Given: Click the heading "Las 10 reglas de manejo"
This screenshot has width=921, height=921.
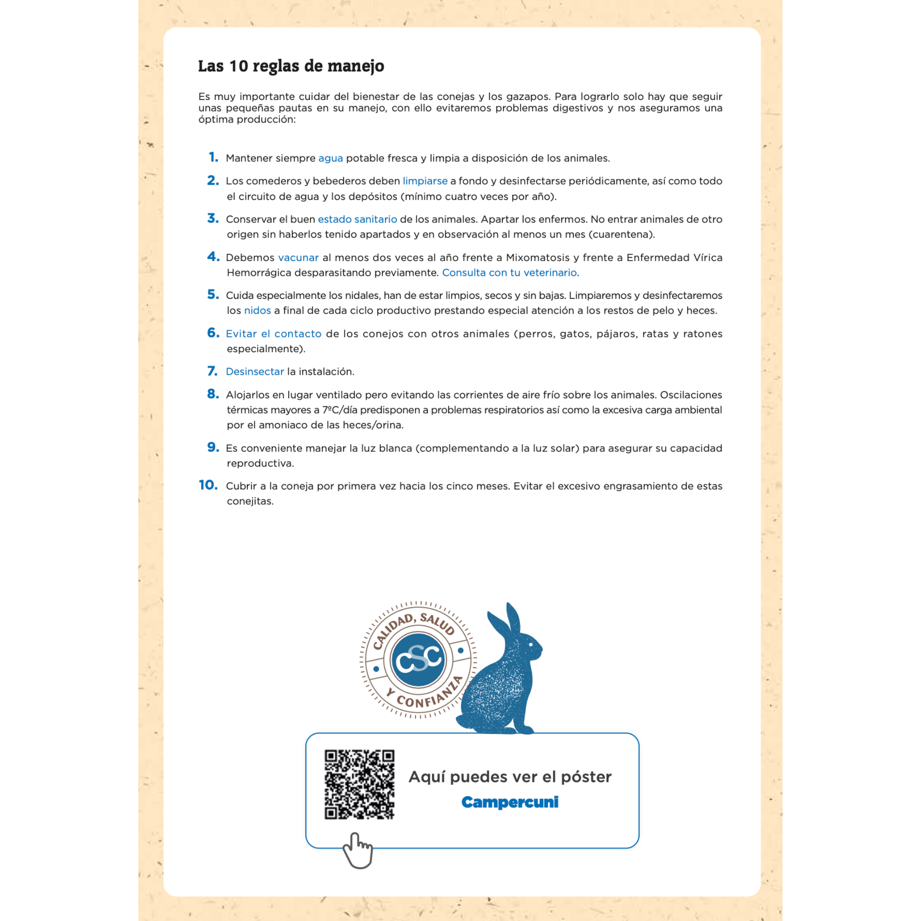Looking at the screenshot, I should tap(291, 66).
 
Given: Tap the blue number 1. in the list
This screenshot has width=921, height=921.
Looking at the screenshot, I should tap(213, 157).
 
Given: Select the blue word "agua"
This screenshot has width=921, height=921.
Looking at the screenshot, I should tap(330, 158).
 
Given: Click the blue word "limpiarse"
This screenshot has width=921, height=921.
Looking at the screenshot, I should tap(425, 181).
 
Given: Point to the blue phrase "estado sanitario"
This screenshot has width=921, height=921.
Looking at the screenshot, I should tap(357, 219).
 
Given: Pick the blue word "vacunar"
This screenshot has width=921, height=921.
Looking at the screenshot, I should tap(298, 258).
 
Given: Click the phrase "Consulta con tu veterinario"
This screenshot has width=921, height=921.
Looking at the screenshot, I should tap(509, 273).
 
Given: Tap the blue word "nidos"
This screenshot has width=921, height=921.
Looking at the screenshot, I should tap(257, 311).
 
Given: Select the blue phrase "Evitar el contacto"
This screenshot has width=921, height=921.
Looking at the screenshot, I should tap(274, 334).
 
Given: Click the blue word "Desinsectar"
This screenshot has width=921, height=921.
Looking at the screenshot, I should tap(255, 372).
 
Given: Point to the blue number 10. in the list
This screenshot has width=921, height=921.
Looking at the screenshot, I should tap(208, 485).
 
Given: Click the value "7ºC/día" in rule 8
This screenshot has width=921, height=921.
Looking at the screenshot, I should tap(339, 410).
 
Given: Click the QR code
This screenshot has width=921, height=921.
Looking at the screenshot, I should tap(360, 785).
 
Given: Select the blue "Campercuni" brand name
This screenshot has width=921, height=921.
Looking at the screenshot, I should tap(510, 802).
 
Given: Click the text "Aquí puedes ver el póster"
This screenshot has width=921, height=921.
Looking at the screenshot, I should tap(510, 777).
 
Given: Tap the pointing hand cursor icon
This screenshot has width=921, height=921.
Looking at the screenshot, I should tap(357, 851).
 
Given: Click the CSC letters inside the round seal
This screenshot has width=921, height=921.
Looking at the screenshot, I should tap(418, 660).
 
